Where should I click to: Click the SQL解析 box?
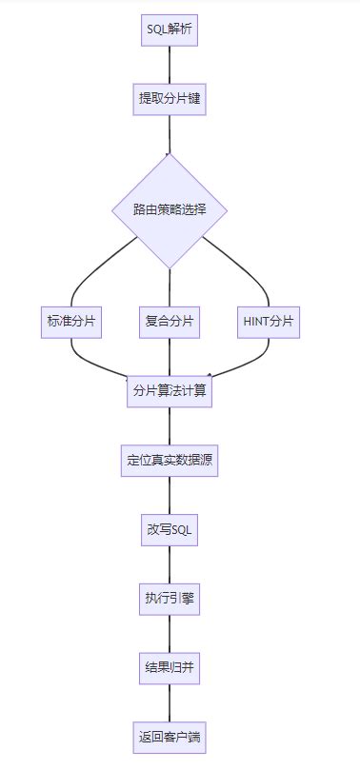click(x=170, y=29)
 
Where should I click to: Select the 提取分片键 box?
click(x=170, y=98)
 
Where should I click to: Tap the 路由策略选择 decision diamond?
click(x=170, y=209)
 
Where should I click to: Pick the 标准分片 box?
click(x=71, y=322)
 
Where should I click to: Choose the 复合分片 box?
click(x=170, y=322)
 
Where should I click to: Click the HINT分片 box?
click(x=269, y=322)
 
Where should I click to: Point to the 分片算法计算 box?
click(x=170, y=391)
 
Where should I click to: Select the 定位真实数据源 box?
click(x=170, y=461)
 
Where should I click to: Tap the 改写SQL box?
click(x=170, y=530)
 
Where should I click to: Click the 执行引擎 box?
click(x=170, y=600)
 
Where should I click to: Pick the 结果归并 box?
click(x=170, y=669)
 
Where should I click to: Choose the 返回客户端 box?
click(x=170, y=738)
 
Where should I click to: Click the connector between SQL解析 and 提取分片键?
click(x=170, y=64)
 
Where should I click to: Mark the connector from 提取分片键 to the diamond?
click(x=170, y=133)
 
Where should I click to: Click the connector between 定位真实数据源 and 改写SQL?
click(x=170, y=495)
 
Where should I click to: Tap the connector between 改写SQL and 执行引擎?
click(x=170, y=564)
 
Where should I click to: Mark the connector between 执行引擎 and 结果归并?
click(x=170, y=634)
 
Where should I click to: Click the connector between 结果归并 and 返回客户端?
click(x=170, y=703)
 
